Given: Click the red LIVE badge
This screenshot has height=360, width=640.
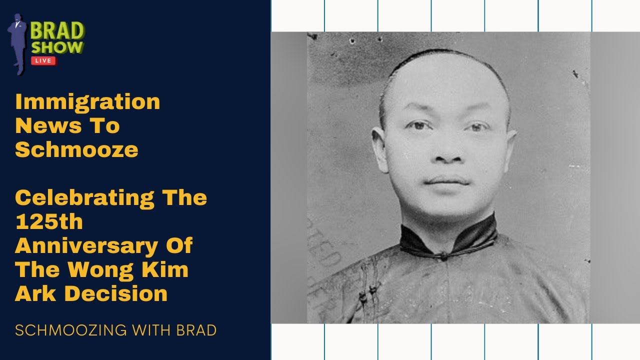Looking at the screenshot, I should click(43, 60).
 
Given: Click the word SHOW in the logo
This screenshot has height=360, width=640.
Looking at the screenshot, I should click(57, 47).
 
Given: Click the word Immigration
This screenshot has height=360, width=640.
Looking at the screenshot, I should click(87, 102).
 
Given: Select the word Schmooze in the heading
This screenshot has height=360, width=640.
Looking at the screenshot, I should click(76, 149).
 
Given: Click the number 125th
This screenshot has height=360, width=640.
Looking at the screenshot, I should click(48, 221).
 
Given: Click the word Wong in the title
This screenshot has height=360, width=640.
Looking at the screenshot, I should click(120, 270).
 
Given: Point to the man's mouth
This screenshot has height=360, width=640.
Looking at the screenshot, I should click(447, 181).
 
